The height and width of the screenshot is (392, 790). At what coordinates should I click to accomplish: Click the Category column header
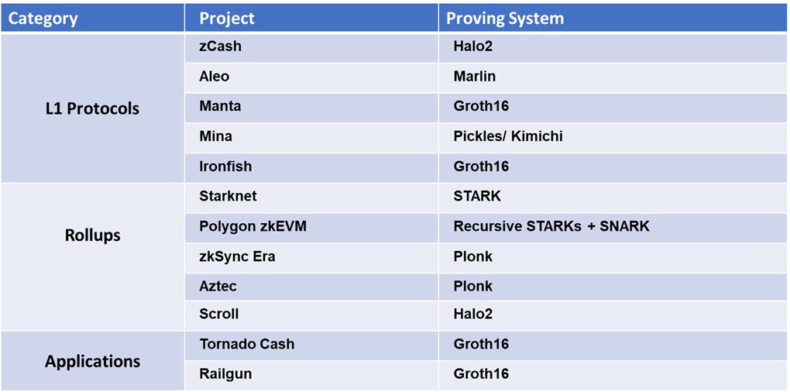(x=43, y=19)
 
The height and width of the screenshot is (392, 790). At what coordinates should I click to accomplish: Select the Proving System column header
(x=505, y=19)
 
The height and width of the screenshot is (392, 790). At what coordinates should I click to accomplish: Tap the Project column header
(x=227, y=19)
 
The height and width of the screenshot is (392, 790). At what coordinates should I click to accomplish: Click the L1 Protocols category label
(x=92, y=108)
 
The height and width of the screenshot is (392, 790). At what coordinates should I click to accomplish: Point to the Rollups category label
(x=93, y=236)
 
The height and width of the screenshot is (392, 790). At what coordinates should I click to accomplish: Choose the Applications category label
(x=93, y=361)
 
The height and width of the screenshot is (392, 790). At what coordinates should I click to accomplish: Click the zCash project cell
(x=220, y=46)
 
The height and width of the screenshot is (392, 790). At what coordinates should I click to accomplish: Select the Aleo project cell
(x=214, y=76)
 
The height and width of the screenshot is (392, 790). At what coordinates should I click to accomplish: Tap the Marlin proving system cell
(x=475, y=76)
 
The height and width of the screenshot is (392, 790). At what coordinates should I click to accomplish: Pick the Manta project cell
(x=220, y=106)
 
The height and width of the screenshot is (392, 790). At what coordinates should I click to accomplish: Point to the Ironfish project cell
(x=225, y=167)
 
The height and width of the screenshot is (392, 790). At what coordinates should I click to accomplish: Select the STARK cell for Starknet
(x=477, y=196)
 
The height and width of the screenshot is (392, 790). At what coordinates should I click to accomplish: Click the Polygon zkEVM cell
(x=253, y=226)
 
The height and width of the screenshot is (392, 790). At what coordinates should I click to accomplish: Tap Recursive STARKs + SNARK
(x=551, y=226)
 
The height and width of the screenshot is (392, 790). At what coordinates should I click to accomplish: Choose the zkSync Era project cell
(x=237, y=256)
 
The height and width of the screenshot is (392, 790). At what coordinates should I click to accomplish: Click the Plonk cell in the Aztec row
(x=472, y=286)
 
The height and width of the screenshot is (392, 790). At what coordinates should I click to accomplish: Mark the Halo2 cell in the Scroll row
(x=472, y=314)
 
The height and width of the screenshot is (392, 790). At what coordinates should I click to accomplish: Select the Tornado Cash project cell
(x=247, y=344)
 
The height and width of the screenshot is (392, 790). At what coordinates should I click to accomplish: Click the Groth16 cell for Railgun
(x=481, y=374)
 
